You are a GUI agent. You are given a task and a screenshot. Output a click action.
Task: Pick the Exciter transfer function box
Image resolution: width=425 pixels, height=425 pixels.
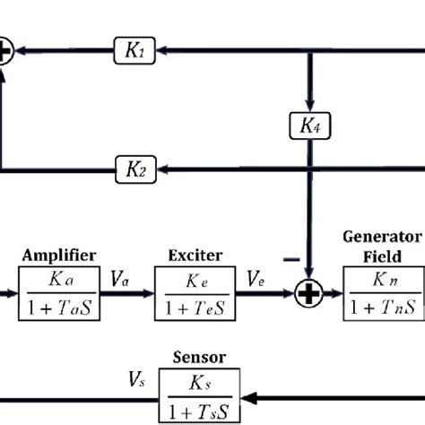click(195, 295)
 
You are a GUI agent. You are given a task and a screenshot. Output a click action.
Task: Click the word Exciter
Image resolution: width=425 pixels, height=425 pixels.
click(195, 256)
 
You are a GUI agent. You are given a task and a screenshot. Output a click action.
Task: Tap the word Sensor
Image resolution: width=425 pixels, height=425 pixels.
click(199, 356)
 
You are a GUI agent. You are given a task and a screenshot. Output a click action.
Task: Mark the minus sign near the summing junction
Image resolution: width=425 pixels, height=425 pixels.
click(291, 259)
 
